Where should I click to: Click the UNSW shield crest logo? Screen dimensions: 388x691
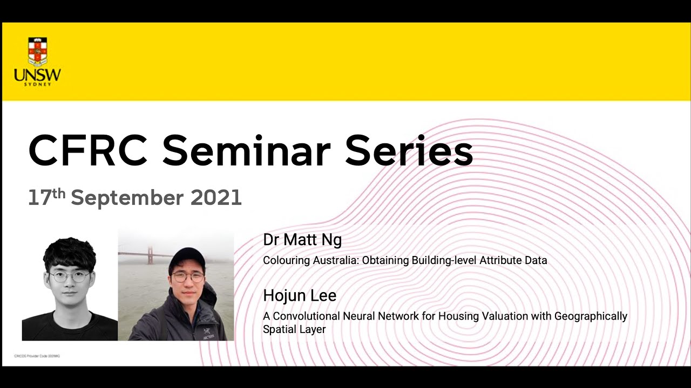[x=37, y=51]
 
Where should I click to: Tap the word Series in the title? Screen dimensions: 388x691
[x=409, y=151]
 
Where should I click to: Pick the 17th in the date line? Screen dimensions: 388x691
[x=46, y=197]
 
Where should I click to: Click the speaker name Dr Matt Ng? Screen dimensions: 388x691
[x=302, y=240]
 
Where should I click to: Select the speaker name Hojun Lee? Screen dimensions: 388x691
[x=299, y=295]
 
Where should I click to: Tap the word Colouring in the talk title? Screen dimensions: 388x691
[x=286, y=261]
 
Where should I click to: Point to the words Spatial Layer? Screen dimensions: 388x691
[x=294, y=329]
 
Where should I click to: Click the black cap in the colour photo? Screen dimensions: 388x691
[x=187, y=258]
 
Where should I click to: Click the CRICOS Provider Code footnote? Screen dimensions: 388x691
[x=37, y=356]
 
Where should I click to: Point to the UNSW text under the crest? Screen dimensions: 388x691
[x=37, y=75]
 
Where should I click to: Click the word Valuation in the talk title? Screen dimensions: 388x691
[x=482, y=316]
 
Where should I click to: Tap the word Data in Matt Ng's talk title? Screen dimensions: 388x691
[x=536, y=261]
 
